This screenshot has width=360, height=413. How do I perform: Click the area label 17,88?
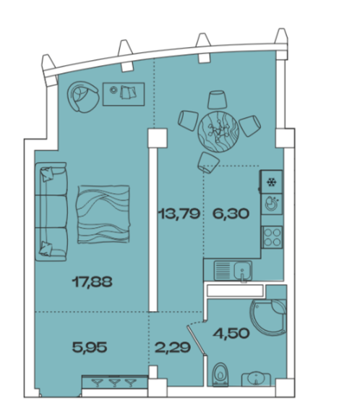coord(92,282)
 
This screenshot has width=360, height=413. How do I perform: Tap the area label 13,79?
coord(179,213)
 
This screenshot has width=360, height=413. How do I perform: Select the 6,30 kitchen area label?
coord(231,213)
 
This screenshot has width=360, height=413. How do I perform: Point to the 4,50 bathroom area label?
coord(231,333)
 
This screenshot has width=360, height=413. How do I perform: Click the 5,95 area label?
coord(90,347)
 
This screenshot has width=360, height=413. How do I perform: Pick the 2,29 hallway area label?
coord(173,347)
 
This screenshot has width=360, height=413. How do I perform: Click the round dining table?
coord(218,132)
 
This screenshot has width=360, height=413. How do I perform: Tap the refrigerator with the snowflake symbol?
coord(271,182)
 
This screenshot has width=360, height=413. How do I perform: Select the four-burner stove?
coord(272,237)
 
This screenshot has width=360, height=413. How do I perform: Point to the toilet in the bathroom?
coord(220,374)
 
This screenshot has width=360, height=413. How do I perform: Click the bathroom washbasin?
coord(256,379)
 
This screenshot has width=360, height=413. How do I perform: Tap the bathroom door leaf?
coord(196,341)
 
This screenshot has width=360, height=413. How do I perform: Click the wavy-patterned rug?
coord(103,214)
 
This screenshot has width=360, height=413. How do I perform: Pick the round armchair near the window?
coord(83,97)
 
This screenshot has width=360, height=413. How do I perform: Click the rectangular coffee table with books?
coord(124,94)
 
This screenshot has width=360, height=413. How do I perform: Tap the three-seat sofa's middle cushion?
coord(51,211)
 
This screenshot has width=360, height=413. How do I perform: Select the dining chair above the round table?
coord(217,100)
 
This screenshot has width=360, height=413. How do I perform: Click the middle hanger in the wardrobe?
coord(114,383)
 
